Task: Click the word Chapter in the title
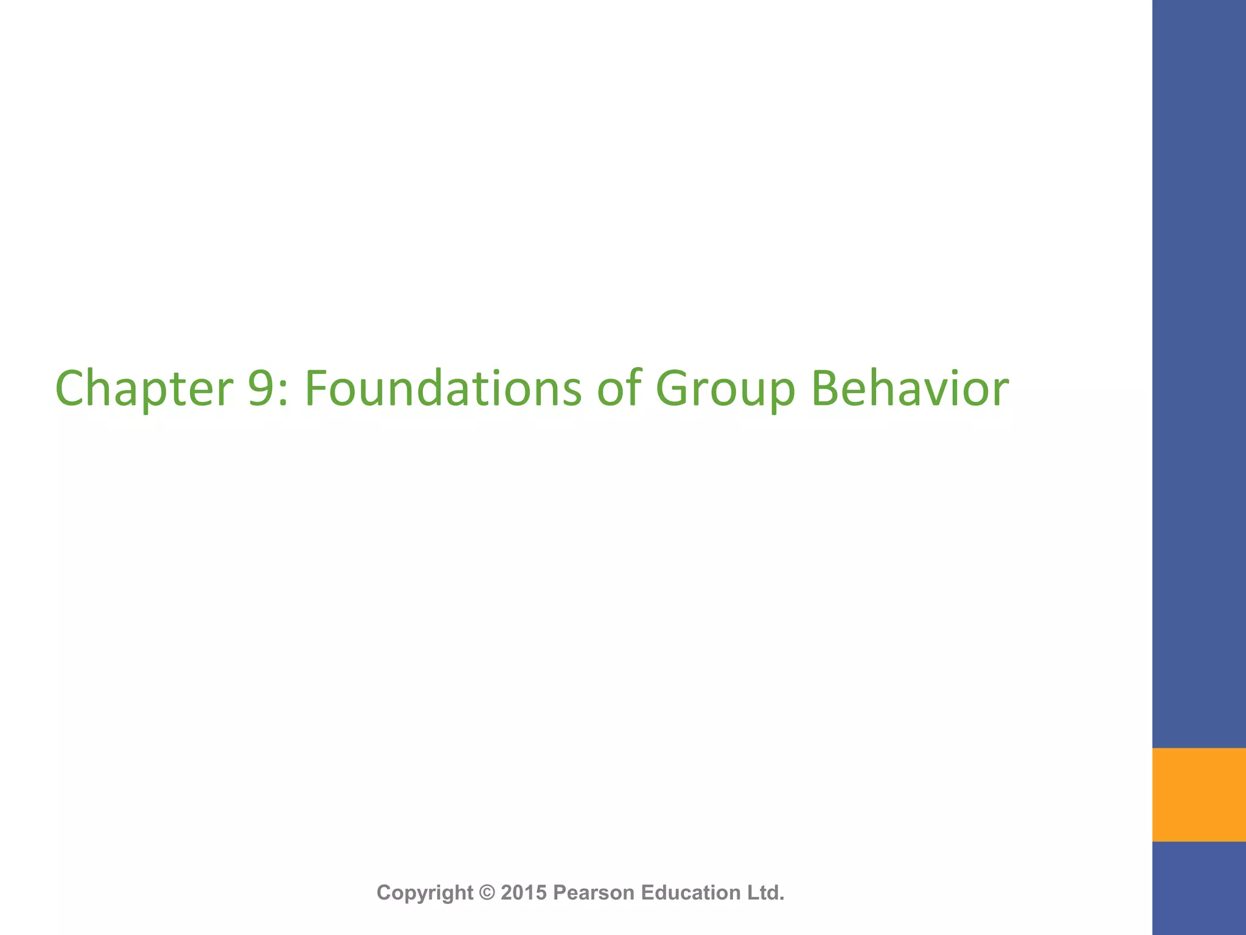(144, 390)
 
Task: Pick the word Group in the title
(725, 390)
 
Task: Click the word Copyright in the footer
(425, 893)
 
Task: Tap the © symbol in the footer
(487, 892)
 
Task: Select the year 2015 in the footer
(524, 892)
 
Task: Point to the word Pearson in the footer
(594, 892)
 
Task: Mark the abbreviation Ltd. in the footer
(765, 892)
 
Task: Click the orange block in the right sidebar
(1199, 794)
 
